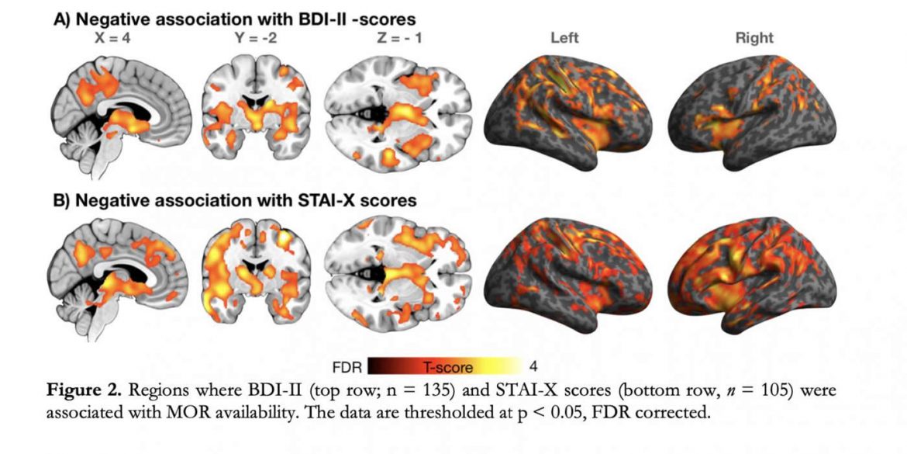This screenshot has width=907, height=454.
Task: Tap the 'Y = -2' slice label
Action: (250, 37)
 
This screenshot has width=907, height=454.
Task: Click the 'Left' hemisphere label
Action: (564, 37)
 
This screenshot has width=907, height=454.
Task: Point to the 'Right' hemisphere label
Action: (754, 37)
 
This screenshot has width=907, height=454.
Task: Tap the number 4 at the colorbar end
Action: (533, 365)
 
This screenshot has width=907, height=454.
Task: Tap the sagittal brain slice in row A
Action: (120, 116)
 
